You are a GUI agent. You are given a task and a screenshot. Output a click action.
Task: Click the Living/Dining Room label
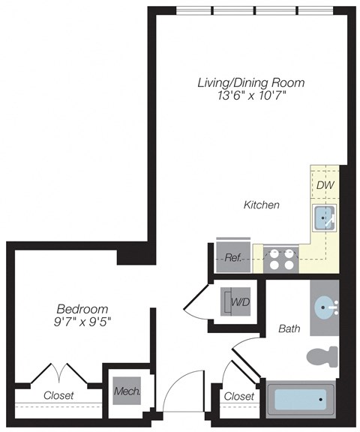point(240,82)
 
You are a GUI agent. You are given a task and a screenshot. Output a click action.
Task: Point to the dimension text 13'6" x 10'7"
point(240,96)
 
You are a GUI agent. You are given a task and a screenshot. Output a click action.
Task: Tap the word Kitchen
point(262,204)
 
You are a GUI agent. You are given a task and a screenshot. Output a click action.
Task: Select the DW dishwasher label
point(324,185)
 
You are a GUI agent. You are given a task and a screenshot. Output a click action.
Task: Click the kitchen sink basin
point(324,217)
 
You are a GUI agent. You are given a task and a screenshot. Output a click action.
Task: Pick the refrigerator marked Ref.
point(232,256)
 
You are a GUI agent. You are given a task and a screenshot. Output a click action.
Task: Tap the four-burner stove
point(282,258)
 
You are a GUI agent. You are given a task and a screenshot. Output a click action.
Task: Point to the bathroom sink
point(326,307)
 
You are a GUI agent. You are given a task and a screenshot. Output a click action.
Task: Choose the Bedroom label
point(82,309)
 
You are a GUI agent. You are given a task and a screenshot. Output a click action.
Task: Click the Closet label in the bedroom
point(58,394)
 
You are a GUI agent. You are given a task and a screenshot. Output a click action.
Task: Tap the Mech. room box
point(124,391)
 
